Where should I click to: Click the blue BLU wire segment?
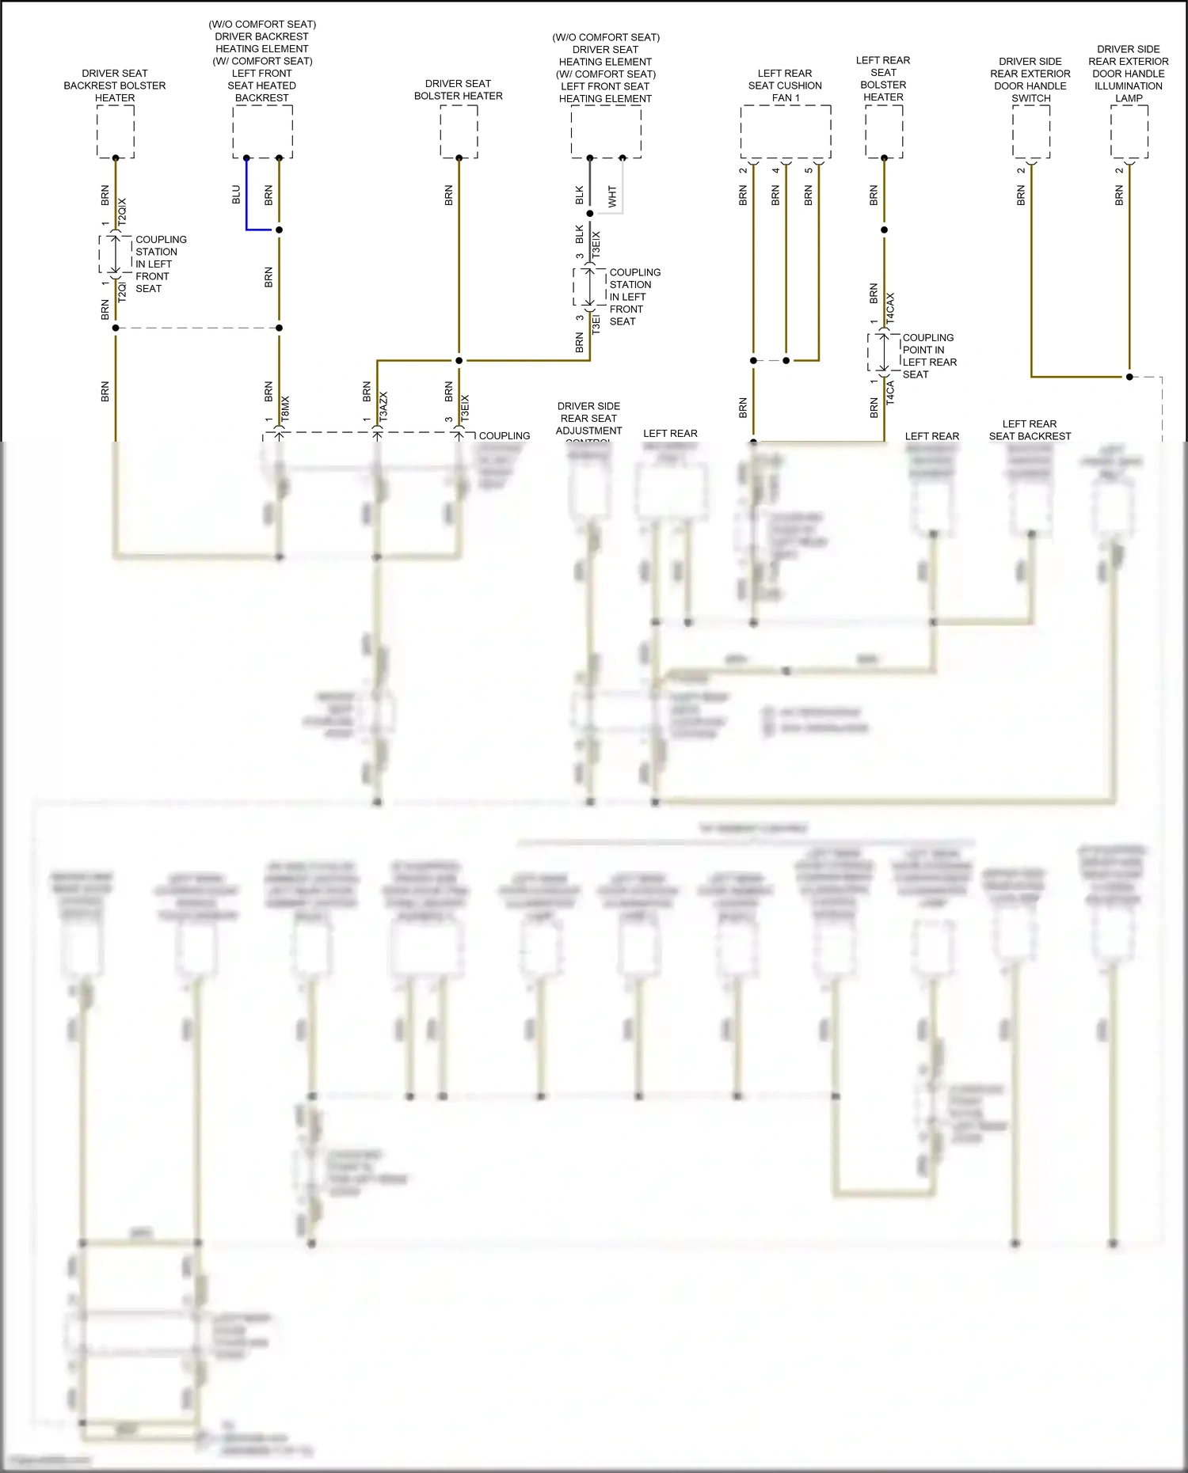246,198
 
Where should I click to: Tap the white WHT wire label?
612,196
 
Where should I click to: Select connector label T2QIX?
122,213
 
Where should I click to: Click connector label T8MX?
285,408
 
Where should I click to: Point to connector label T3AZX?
383,405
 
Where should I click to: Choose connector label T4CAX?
890,308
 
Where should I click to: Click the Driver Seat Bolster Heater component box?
459,131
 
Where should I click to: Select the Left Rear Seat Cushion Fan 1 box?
785,131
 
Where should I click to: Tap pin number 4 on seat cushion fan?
776,170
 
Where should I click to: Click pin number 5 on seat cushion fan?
809,170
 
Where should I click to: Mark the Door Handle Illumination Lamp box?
1129,131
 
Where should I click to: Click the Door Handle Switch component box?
1030,131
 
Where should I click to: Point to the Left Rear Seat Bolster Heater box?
883,131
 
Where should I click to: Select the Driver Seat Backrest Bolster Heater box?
115,131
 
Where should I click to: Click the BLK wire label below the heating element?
579,196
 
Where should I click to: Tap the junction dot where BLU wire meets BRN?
279,230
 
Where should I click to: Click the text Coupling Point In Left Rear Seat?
929,355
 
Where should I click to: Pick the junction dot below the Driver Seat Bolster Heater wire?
459,360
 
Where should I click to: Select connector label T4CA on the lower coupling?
890,393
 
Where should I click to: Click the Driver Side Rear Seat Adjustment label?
588,419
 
